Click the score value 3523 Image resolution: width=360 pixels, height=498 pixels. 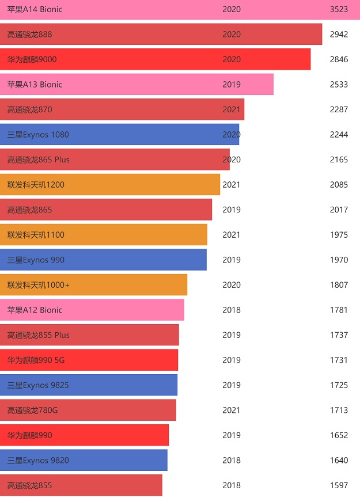tap(339, 10)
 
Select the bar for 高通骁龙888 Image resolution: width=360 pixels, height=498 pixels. tap(161, 35)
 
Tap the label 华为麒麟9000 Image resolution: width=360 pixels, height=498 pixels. tap(32, 59)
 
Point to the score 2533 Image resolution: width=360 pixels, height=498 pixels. tap(339, 85)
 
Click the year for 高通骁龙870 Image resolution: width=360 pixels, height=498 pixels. tap(232, 109)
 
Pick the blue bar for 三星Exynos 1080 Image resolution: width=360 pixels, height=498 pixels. tap(119, 135)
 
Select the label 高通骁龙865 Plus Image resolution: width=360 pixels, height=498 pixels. tap(38, 159)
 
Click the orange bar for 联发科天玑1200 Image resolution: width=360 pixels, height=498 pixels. tap(109, 185)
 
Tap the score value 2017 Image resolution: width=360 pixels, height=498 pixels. tap(339, 210)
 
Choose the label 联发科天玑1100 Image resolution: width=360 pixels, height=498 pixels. tap(36, 235)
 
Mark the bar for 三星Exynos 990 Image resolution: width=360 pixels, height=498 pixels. tap(103, 260)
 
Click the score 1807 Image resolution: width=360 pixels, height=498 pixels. tap(339, 285)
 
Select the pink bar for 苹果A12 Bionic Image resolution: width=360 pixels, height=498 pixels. tap(92, 310)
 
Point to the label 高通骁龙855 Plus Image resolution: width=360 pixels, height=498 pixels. tap(38, 335)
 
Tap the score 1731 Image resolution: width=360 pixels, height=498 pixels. tap(339, 360)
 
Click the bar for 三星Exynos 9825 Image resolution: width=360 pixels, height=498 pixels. tap(89, 385)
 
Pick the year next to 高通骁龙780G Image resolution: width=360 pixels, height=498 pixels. tap(232, 410)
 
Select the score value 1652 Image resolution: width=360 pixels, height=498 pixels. tap(339, 435)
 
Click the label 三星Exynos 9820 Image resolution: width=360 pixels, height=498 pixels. tap(37, 460)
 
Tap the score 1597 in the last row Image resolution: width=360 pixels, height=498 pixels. tap(339, 485)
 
